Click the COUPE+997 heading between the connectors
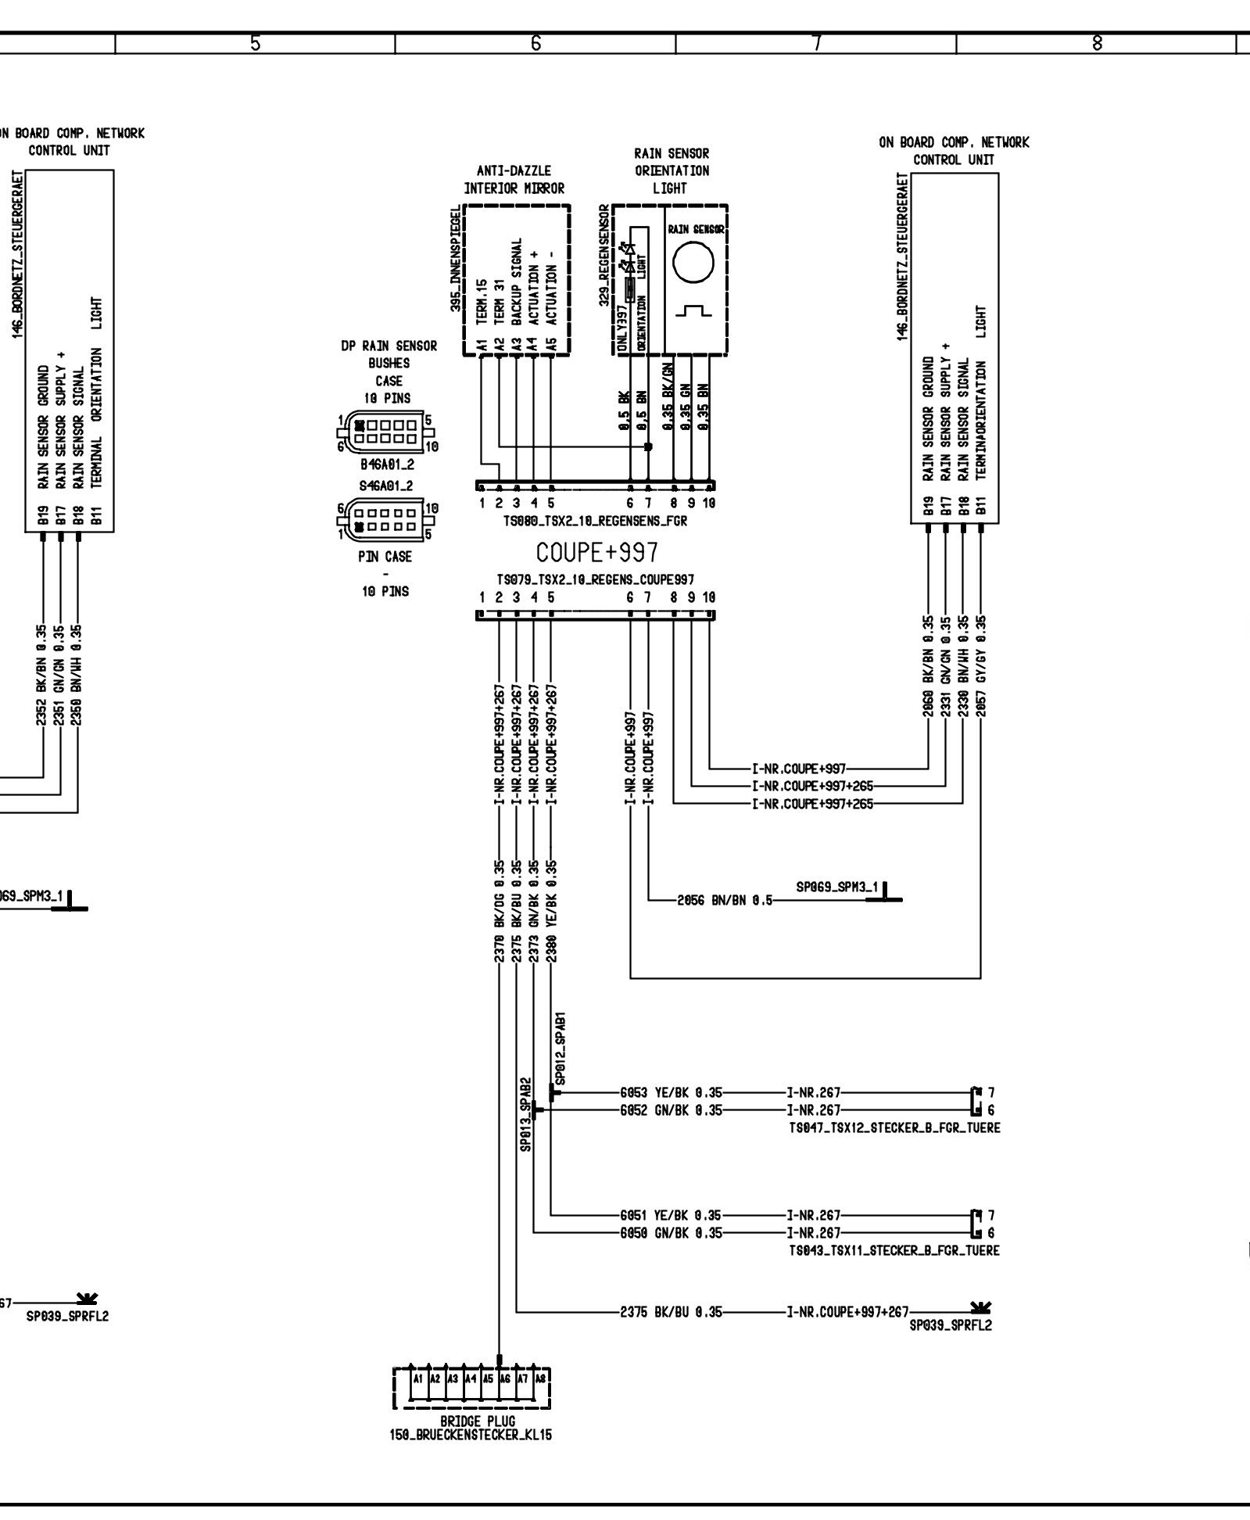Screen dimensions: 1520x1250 click(596, 553)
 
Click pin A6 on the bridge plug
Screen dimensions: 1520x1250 click(505, 1378)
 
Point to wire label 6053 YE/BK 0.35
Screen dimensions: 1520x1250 click(671, 1092)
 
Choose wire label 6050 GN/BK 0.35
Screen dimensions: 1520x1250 click(671, 1233)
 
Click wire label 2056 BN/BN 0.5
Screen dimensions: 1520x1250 click(725, 900)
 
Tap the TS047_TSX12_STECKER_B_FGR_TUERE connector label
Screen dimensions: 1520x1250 click(894, 1127)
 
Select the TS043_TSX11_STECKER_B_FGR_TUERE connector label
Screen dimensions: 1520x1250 click(894, 1250)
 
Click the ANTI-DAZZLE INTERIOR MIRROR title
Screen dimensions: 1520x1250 click(514, 179)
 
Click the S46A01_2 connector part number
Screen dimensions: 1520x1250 click(386, 486)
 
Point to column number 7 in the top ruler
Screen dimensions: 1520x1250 click(816, 44)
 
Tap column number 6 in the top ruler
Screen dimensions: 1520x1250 click(535, 44)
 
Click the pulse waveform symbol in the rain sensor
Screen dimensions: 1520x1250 click(693, 311)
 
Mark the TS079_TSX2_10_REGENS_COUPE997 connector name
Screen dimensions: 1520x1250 click(595, 579)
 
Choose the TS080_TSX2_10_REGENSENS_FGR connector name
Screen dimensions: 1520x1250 click(595, 521)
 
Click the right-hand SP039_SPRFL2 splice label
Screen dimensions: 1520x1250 click(950, 1325)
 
